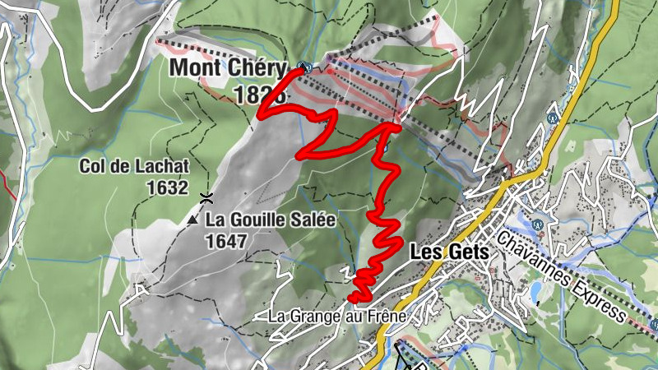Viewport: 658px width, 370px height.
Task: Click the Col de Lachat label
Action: click(134, 166)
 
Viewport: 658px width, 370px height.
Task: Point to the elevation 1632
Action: click(168, 188)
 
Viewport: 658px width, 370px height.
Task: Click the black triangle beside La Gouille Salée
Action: click(192, 220)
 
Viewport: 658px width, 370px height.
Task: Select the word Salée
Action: click(300, 220)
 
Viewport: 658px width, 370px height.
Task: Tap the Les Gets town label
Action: click(447, 252)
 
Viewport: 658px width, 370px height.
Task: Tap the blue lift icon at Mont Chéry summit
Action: click(305, 67)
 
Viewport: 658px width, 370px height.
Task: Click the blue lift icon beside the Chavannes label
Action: click(538, 223)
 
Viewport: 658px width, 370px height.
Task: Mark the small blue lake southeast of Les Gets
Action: click(536, 289)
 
